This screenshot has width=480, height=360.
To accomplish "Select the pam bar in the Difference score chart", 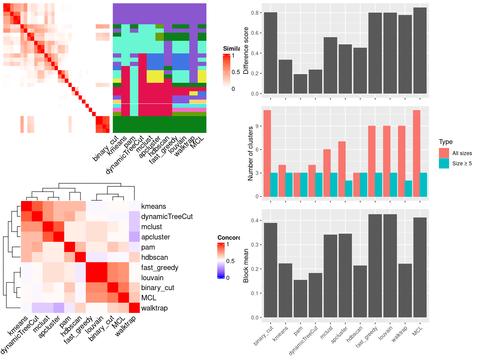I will tap(300, 84).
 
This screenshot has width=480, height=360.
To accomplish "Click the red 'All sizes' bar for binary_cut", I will tap(267, 153).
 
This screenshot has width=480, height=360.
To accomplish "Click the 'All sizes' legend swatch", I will tap(444, 153).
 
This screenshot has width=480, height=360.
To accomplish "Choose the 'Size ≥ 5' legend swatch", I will tap(444, 163).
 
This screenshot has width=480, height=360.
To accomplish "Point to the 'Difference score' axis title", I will tap(246, 50).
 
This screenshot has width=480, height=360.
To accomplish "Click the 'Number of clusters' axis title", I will tap(250, 153).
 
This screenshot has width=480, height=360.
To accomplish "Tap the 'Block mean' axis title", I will tap(246, 265).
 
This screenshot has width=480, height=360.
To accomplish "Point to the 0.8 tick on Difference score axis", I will tap(255, 13).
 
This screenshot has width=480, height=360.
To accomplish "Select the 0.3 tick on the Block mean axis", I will tap(255, 245).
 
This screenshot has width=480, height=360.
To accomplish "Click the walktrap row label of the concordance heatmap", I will tap(154, 308).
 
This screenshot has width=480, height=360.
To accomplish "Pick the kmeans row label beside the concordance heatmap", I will tap(153, 206).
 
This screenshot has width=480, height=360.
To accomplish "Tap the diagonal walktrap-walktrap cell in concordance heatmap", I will tap(134, 308).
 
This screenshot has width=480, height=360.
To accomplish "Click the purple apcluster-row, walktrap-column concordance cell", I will tap(134, 237).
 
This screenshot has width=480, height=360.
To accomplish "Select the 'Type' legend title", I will tap(445, 142).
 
